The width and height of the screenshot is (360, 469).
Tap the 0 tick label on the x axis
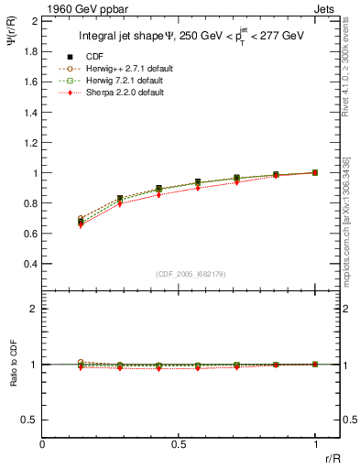[x=43, y=445]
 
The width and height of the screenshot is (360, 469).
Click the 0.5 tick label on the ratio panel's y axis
[x=30, y=420]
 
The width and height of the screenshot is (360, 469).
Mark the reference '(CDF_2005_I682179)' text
[x=191, y=274]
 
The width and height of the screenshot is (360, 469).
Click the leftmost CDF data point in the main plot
[x=81, y=222]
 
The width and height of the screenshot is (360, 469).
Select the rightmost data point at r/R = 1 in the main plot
[x=315, y=172]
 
